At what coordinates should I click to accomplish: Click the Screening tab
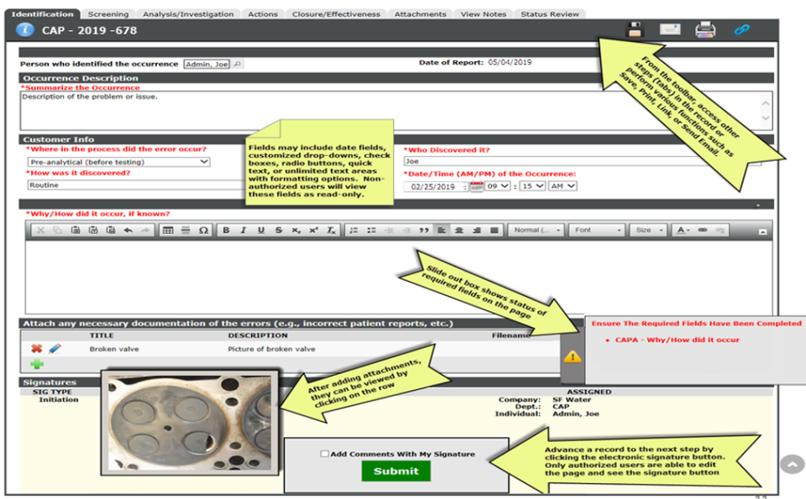click(108, 14)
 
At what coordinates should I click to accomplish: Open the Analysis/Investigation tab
click(187, 14)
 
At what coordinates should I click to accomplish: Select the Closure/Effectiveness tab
click(336, 14)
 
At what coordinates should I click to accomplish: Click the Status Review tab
click(550, 14)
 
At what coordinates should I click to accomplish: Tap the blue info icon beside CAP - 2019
click(26, 30)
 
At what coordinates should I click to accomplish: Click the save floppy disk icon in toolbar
click(636, 30)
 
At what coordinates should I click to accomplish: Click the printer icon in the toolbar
click(705, 30)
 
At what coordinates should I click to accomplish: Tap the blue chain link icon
click(741, 30)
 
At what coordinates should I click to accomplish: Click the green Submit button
click(395, 470)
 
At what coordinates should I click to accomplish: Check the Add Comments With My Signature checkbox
click(325, 454)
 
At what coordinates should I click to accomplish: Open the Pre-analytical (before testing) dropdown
click(118, 162)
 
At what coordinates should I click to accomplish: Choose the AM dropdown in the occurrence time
click(562, 186)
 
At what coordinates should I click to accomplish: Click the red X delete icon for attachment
click(36, 349)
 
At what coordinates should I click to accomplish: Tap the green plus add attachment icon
click(37, 365)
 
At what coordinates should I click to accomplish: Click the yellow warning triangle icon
click(573, 356)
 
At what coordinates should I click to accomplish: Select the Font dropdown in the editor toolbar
click(596, 230)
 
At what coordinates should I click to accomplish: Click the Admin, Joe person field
click(207, 64)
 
